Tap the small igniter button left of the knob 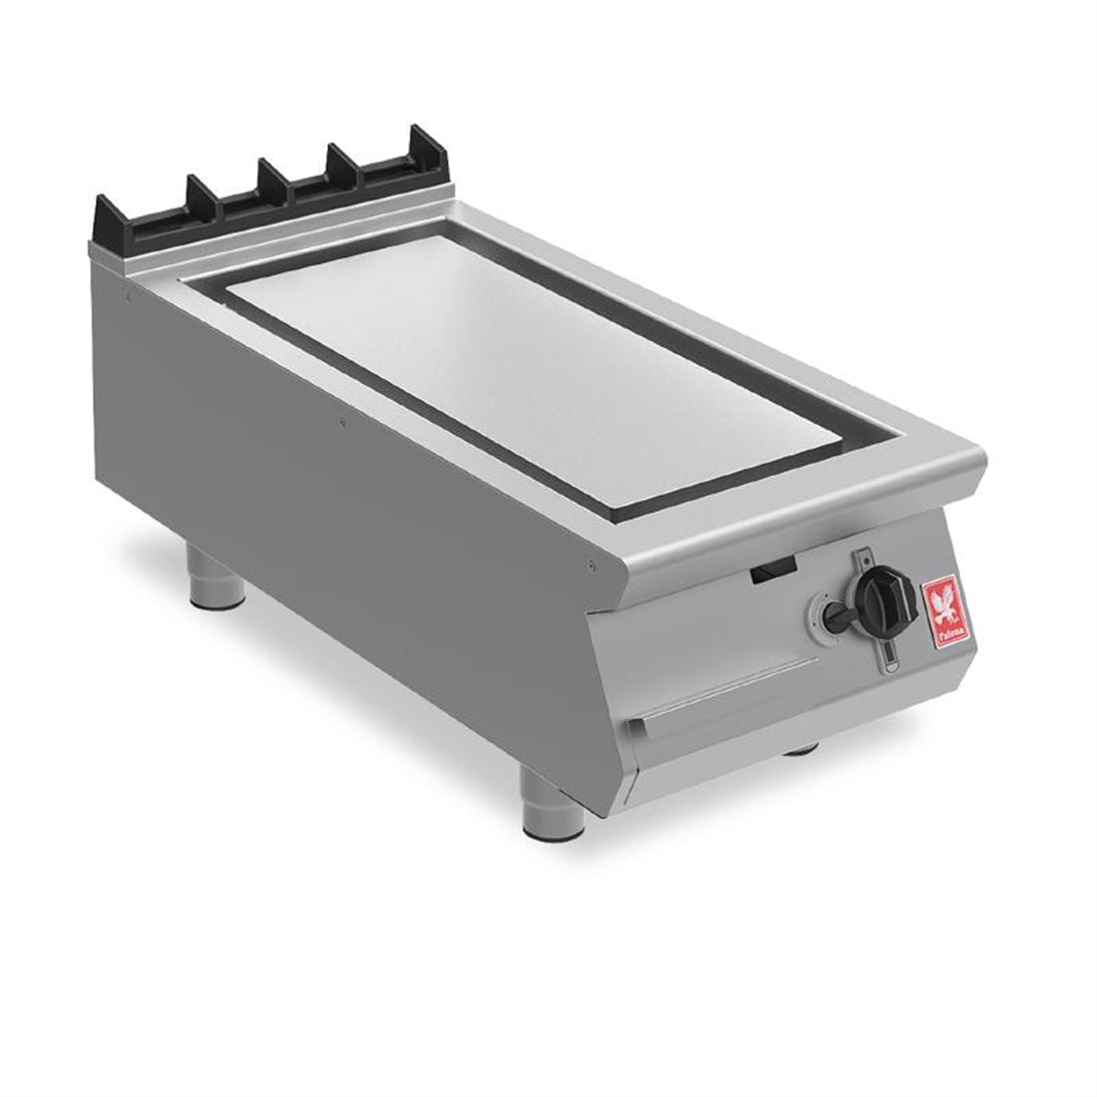coord(830,609)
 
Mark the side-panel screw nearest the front coord(592,567)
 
